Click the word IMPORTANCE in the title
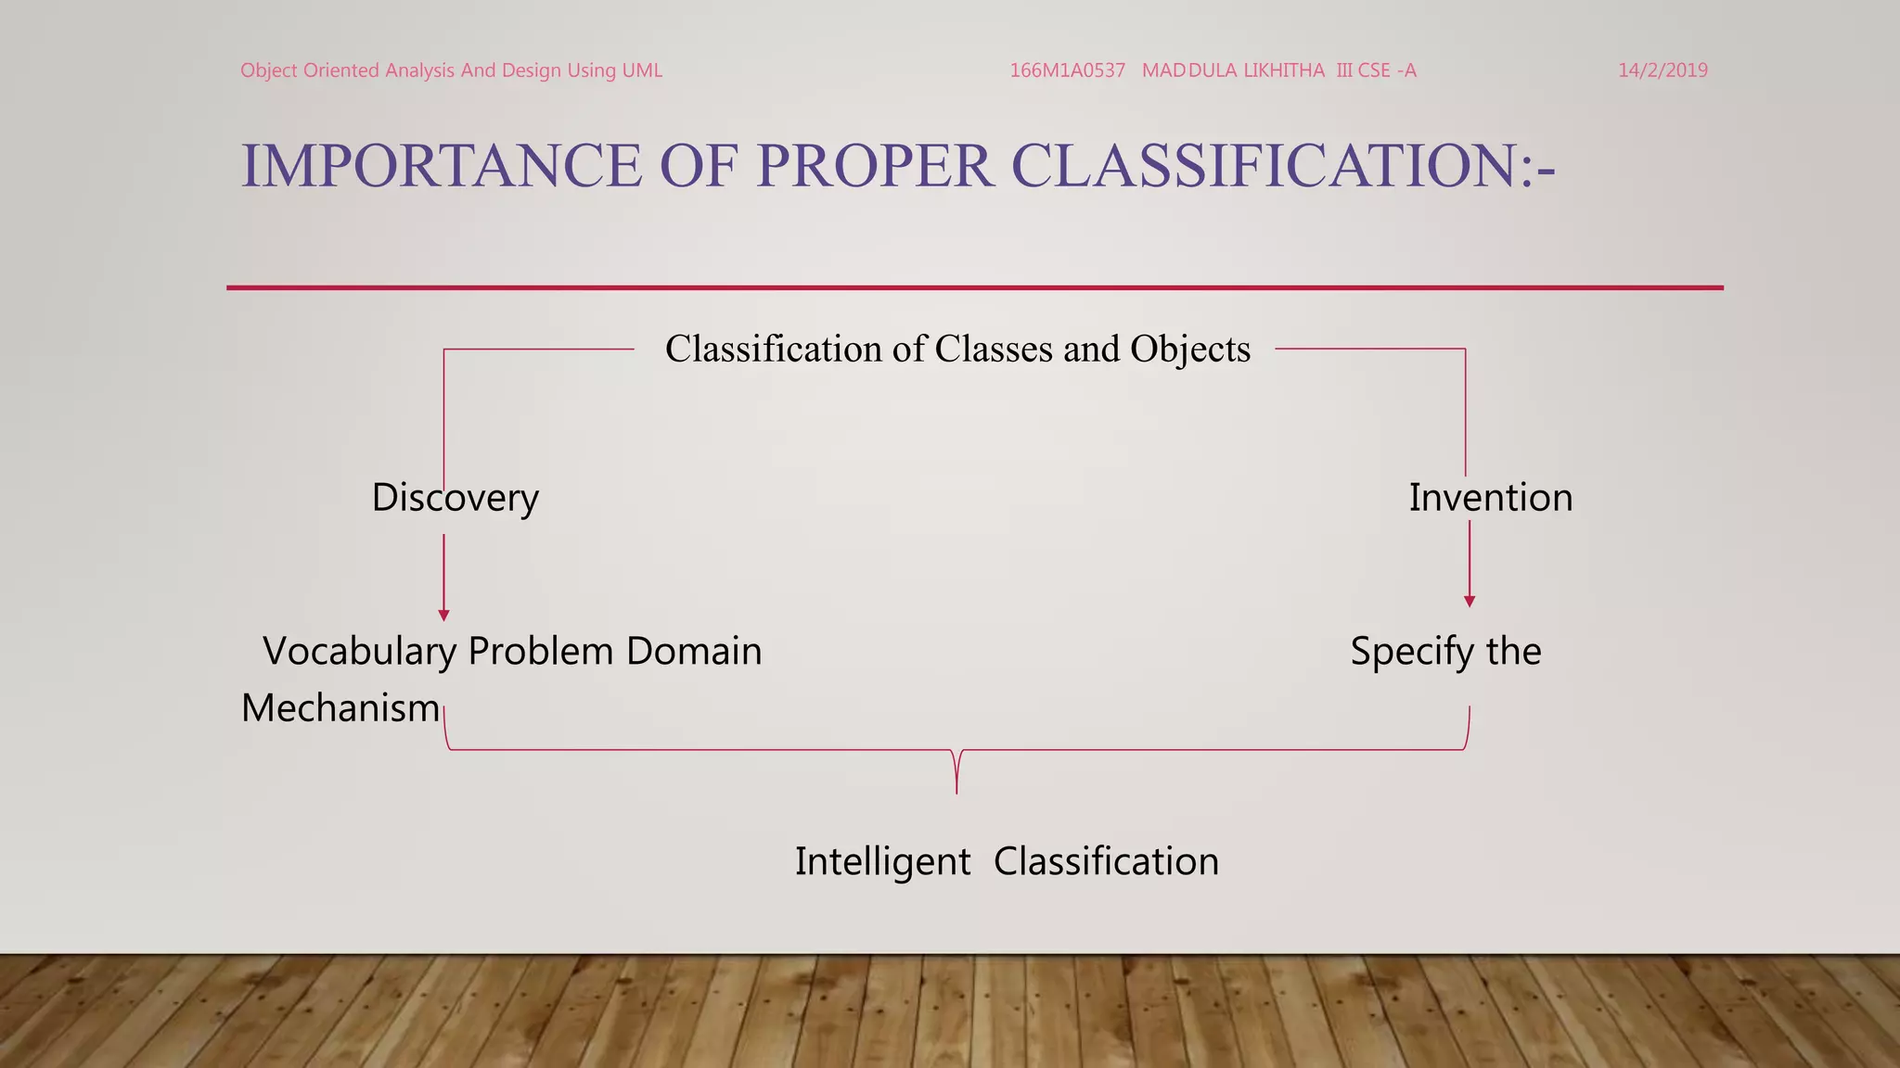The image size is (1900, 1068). coord(441,166)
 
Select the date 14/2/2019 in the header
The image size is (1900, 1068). coord(1662,70)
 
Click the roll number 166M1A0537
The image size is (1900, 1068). coord(1067,70)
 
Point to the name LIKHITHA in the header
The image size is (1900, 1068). coord(1284,70)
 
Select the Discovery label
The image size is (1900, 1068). coord(455,498)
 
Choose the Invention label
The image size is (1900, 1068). coord(1491,498)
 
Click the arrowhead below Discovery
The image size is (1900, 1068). coord(443,616)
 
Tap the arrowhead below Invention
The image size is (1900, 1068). coord(1470,602)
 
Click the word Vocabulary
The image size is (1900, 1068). coord(360,652)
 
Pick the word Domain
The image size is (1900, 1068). coord(694,652)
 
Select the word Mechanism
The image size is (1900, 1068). coord(340,708)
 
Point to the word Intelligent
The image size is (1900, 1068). coord(882,861)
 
